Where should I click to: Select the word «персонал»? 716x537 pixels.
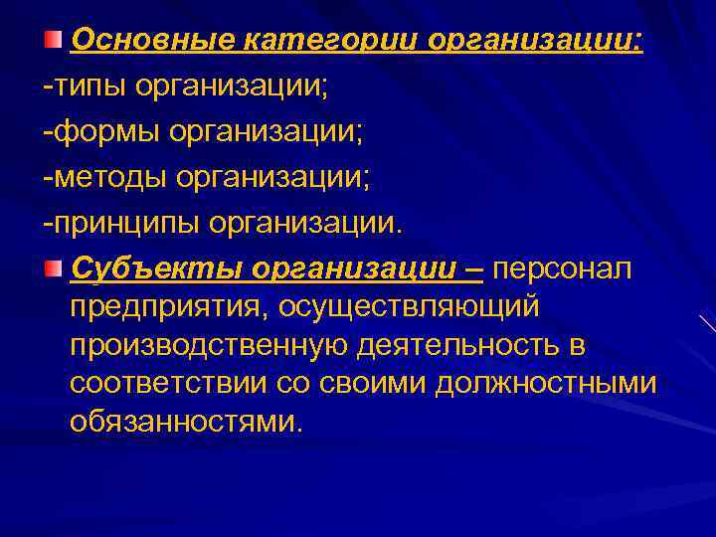(x=562, y=268)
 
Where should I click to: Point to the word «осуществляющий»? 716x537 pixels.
(x=409, y=307)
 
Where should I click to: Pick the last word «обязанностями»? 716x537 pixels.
(x=184, y=422)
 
